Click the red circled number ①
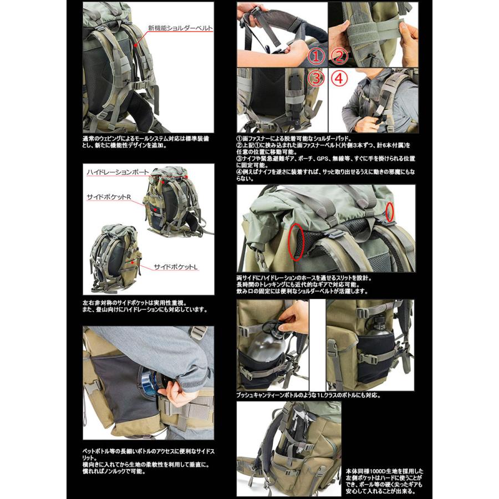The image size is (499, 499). click(315, 56)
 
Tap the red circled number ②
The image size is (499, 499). click(339, 56)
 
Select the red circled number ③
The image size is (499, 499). click(315, 78)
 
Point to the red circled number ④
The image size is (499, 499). click(339, 78)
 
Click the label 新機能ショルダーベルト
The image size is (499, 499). click(180, 27)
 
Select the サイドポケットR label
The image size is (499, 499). click(108, 197)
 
